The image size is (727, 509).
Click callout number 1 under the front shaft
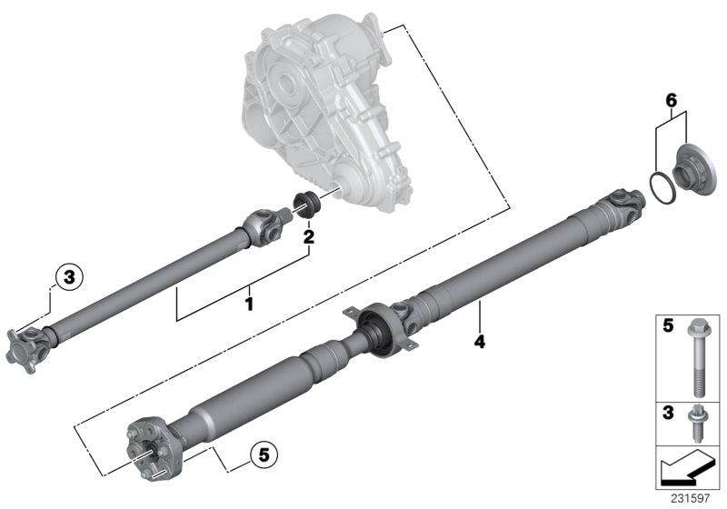pyautogui.click(x=248, y=298)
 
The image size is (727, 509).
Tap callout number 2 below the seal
pyautogui.click(x=309, y=238)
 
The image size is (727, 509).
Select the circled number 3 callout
pyautogui.click(x=67, y=276)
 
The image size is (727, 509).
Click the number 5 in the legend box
pyautogui.click(x=666, y=326)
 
